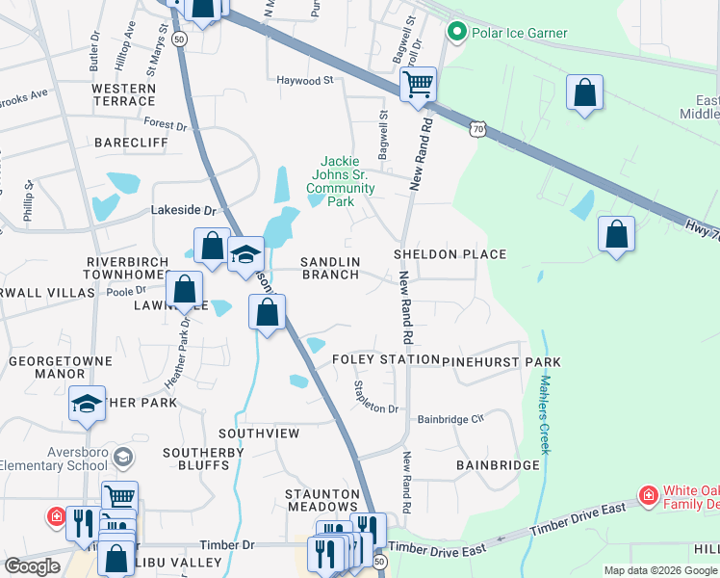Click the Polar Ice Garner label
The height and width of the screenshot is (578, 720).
[518, 33]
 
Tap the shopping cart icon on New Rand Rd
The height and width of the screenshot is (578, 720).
[419, 84]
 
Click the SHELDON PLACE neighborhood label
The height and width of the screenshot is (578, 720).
[450, 254]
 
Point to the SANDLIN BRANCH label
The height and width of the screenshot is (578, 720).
[330, 268]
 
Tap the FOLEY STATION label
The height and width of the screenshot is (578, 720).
[385, 360]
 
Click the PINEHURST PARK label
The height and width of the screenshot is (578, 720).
[501, 361]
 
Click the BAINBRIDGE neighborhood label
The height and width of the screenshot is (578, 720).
[498, 465]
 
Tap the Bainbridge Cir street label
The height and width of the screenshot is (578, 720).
[450, 419]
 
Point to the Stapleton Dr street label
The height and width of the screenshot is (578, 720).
[375, 397]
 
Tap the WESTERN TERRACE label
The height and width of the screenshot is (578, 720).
[123, 94]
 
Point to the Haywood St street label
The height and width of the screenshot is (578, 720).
[304, 81]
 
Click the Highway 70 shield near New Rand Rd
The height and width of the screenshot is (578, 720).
[479, 127]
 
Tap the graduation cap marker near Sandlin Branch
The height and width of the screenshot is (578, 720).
[245, 253]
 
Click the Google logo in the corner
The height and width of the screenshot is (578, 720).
[32, 566]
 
